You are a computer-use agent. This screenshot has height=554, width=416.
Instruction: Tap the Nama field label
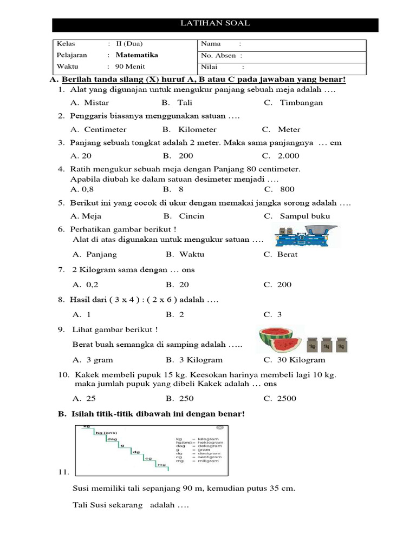pyautogui.click(x=211, y=44)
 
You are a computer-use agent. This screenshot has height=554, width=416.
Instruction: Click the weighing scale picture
pyautogui.click(x=306, y=236)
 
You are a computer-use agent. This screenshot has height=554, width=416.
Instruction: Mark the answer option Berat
pyautogui.click(x=287, y=254)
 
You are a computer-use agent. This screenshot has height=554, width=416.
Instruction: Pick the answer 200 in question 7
pyautogui.click(x=284, y=285)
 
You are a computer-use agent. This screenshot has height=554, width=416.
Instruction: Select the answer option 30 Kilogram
pyautogui.click(x=301, y=360)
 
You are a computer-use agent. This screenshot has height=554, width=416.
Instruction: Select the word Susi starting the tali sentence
pyautogui.click(x=81, y=487)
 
